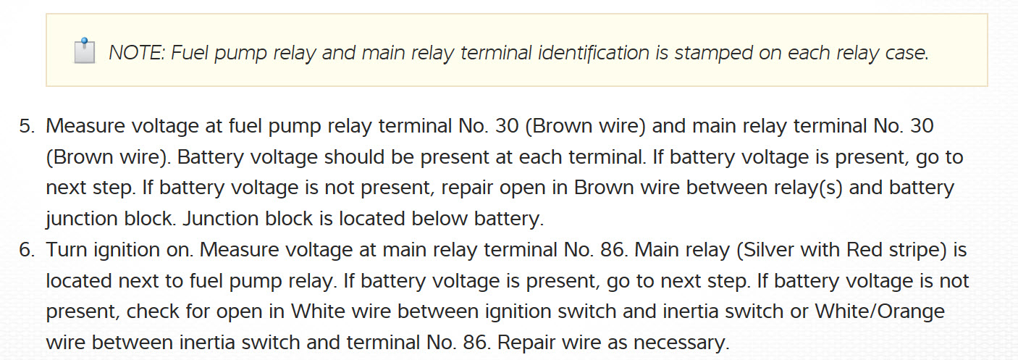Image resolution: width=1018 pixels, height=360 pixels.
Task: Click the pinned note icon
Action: click(85, 52)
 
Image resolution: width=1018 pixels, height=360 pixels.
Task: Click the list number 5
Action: click(26, 126)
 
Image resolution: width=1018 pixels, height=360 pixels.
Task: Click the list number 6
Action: click(26, 251)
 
